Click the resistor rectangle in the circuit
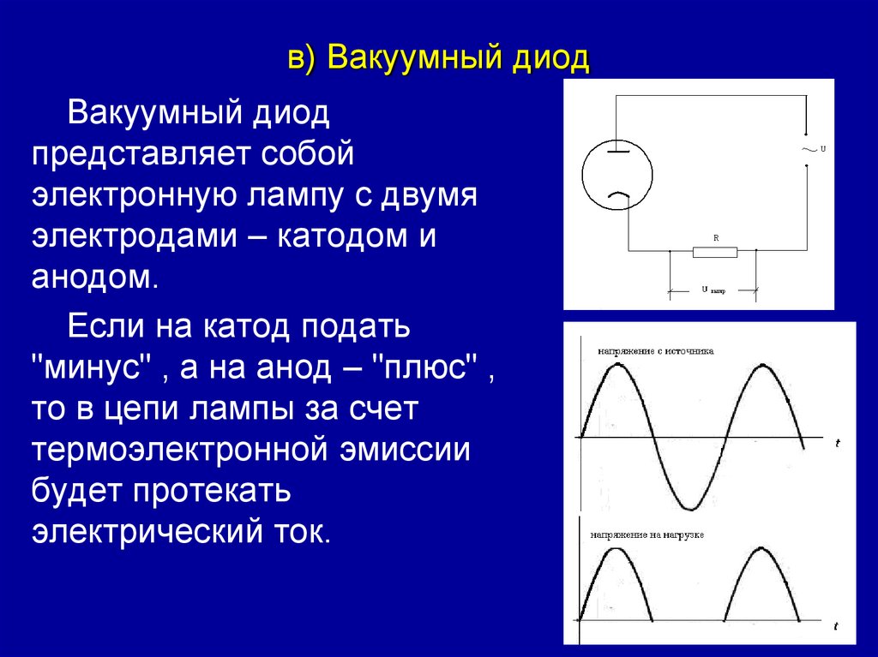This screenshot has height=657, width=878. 715,252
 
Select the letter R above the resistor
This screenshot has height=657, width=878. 715,236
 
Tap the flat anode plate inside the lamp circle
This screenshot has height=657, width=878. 617,152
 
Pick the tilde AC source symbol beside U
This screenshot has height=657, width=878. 808,149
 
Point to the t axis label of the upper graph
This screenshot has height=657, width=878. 837,443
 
